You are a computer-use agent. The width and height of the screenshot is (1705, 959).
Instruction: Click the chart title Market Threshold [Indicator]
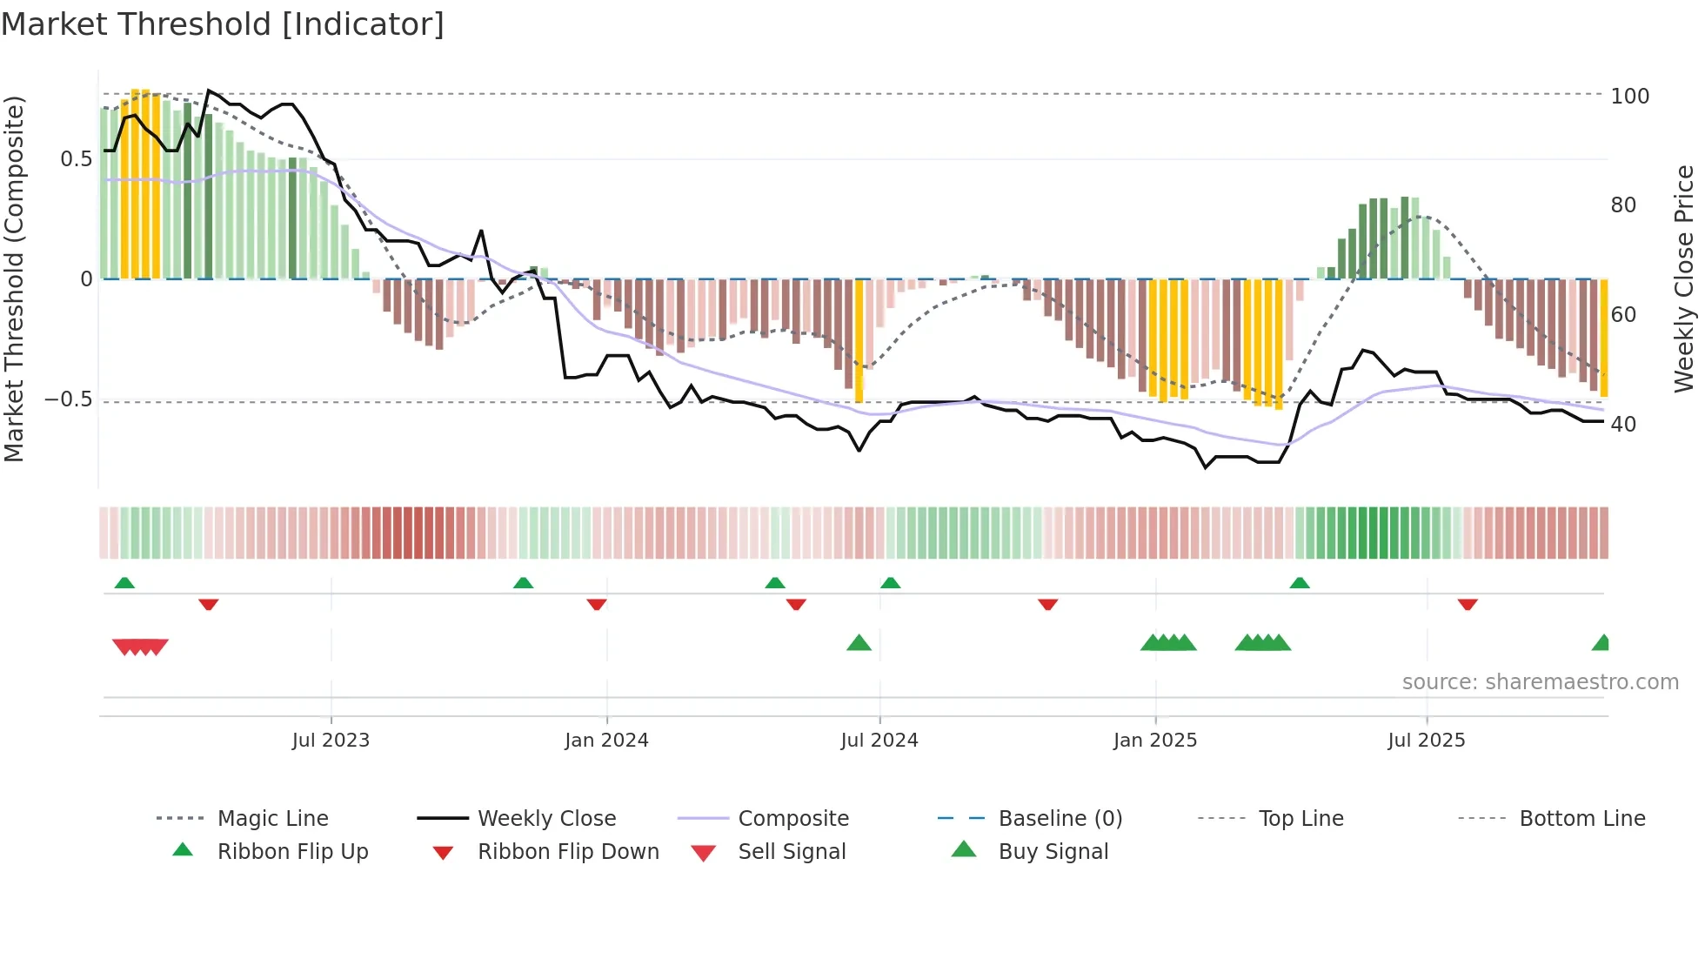click(x=223, y=24)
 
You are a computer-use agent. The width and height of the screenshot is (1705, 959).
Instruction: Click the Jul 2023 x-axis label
click(x=331, y=741)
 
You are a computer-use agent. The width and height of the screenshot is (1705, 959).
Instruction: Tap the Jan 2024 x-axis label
click(x=606, y=741)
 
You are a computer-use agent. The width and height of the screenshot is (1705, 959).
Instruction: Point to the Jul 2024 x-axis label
click(x=879, y=741)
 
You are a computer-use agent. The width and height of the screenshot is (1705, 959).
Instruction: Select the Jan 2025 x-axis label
click(x=1154, y=741)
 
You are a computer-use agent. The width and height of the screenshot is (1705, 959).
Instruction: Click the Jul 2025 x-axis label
click(x=1426, y=741)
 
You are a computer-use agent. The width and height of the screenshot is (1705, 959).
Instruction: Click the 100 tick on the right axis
click(x=1629, y=96)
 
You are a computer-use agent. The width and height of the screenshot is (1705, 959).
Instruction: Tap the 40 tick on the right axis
click(x=1622, y=425)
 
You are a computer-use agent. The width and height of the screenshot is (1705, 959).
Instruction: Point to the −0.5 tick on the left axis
click(x=68, y=399)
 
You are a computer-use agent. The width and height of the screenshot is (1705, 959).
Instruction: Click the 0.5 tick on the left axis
click(x=76, y=159)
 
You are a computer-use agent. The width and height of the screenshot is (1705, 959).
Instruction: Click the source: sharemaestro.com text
click(x=1540, y=682)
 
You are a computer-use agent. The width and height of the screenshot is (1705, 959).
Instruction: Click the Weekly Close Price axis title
click(x=1684, y=278)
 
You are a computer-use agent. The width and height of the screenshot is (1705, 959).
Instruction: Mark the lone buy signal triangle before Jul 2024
click(x=859, y=643)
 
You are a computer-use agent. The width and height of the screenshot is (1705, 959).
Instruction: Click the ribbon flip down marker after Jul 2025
click(x=1468, y=604)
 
